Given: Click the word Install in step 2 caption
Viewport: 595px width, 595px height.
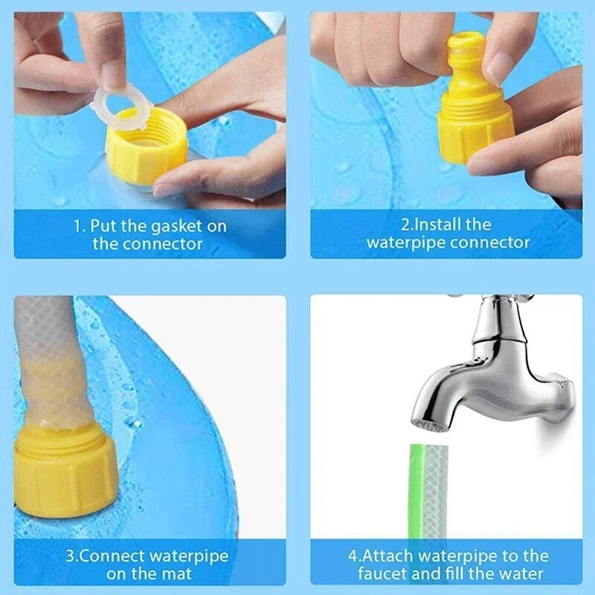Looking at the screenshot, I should pos(442,225).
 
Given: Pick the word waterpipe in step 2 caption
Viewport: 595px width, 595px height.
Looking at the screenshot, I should pos(406,242).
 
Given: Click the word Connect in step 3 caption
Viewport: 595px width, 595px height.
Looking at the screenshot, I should pos(120,556).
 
